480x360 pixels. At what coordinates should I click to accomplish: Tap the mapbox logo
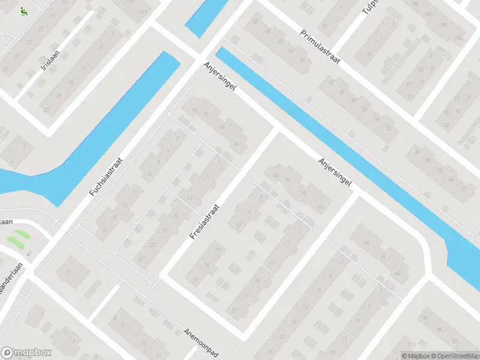(x=26, y=353)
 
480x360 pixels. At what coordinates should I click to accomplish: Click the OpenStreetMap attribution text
(x=457, y=356)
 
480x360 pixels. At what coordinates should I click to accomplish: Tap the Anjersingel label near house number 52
(x=334, y=173)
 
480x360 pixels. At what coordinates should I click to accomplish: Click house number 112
(x=143, y=12)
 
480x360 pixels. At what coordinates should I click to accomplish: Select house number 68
(x=222, y=128)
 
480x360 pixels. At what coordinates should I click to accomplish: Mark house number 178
(x=458, y=25)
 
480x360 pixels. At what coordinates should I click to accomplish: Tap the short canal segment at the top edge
(x=205, y=18)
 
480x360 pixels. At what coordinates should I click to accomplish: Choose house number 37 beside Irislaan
(x=41, y=28)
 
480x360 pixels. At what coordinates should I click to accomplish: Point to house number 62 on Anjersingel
(x=277, y=176)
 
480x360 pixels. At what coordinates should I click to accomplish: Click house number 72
(x=205, y=114)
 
